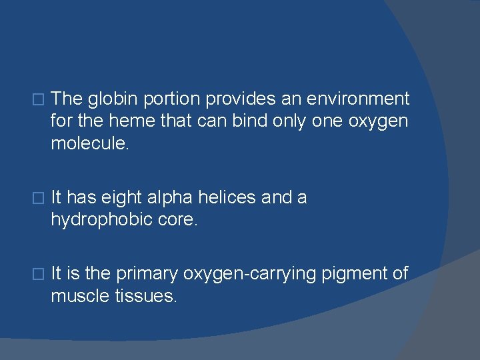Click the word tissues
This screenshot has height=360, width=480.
click(146, 296)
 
